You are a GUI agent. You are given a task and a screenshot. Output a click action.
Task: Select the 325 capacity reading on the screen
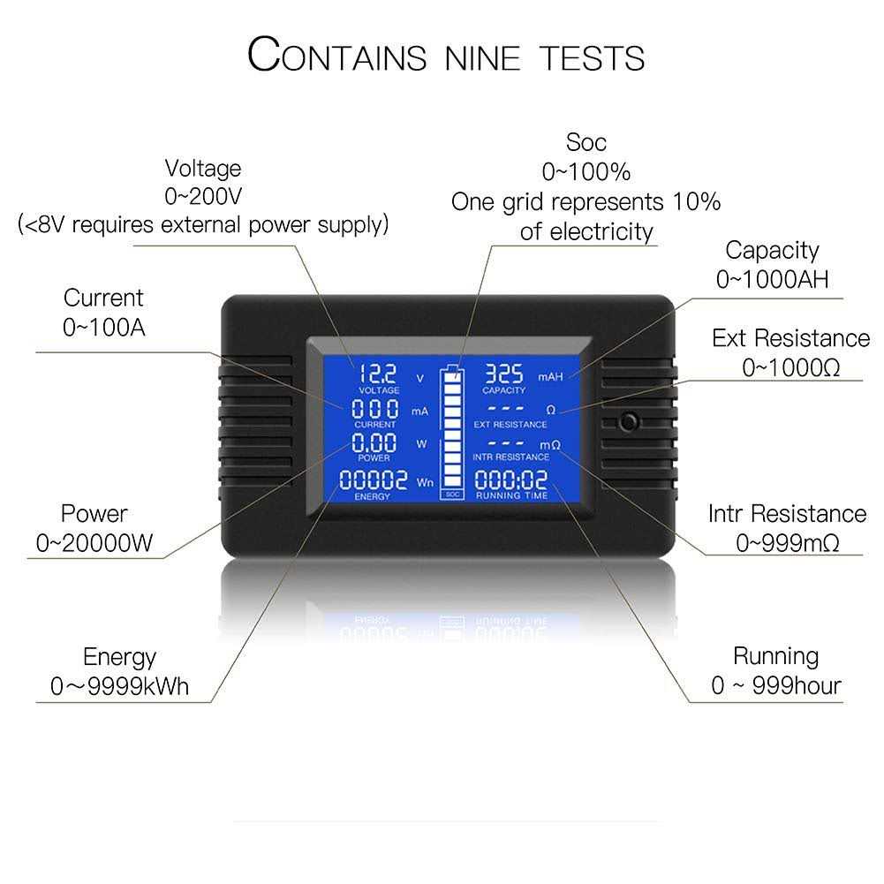point(503,374)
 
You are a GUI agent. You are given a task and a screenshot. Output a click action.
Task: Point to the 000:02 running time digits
point(510,480)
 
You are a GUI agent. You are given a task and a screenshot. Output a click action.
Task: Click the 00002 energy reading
point(374,480)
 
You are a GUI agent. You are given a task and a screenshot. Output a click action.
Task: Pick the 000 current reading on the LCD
point(374,410)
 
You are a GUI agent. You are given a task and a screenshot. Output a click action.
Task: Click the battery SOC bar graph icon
point(452,430)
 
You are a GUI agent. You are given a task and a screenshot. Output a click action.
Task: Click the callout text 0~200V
point(202,196)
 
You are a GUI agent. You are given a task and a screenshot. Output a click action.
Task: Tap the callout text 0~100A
point(103,327)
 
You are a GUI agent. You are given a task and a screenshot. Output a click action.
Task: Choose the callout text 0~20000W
point(94,543)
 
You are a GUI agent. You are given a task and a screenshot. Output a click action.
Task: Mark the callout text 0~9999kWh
point(120,686)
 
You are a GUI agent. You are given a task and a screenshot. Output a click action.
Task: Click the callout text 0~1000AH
point(772,280)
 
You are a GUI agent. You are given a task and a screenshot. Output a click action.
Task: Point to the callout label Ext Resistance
point(790,338)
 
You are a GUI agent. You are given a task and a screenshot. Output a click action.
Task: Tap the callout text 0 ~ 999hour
point(775,685)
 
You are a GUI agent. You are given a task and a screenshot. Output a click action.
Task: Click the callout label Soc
point(586,141)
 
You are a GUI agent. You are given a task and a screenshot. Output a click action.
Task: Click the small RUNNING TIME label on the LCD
point(511,496)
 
